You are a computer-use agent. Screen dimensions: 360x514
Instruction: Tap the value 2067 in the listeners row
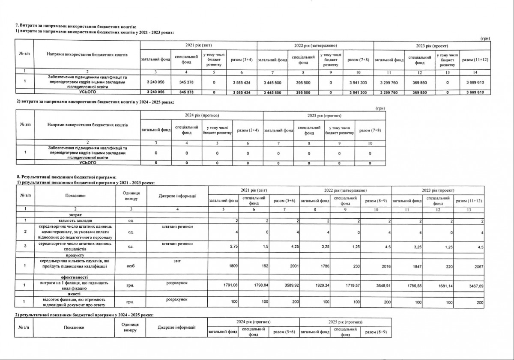[478, 266]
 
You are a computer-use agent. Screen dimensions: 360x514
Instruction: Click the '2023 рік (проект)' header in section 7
[432, 45]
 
